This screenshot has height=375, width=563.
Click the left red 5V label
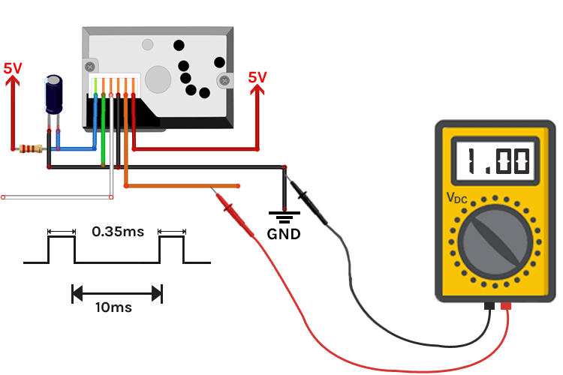[x=13, y=67]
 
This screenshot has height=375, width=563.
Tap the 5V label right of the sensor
[x=257, y=76]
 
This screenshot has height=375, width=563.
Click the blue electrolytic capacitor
[x=54, y=94]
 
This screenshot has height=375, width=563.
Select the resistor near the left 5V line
[x=31, y=149]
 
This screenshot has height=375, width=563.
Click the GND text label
[x=284, y=234]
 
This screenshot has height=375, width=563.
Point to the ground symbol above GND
[x=284, y=217]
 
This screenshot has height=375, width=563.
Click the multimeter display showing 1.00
[x=496, y=161]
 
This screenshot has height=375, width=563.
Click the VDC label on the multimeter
[x=456, y=198]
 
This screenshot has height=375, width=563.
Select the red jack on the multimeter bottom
[x=506, y=306]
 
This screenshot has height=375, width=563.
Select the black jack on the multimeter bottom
[x=489, y=306]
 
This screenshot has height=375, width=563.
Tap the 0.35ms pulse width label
[x=117, y=232]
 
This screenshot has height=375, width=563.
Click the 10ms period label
[x=117, y=307]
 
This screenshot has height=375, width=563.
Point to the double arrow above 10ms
[x=117, y=292]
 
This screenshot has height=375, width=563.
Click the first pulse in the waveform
[x=61, y=249]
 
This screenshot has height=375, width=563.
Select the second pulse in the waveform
[x=171, y=249]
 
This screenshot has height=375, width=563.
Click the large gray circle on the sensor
[x=158, y=78]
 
